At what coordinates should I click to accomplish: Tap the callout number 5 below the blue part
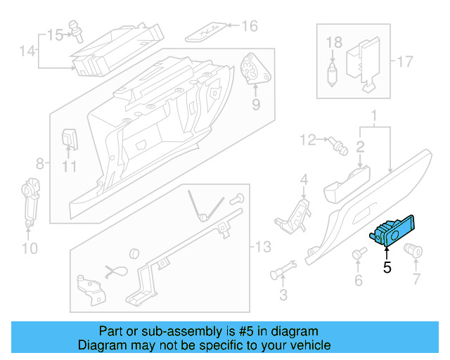click(x=387, y=267)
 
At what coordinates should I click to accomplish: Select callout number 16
click(x=250, y=27)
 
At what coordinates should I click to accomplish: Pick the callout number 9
click(x=255, y=104)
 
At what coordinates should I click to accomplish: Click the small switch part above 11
click(x=70, y=138)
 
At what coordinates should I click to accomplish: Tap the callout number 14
click(x=27, y=51)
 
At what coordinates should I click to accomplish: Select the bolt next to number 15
click(x=75, y=30)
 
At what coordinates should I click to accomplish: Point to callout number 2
click(x=359, y=147)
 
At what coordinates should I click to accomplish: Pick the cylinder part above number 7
click(x=413, y=248)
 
